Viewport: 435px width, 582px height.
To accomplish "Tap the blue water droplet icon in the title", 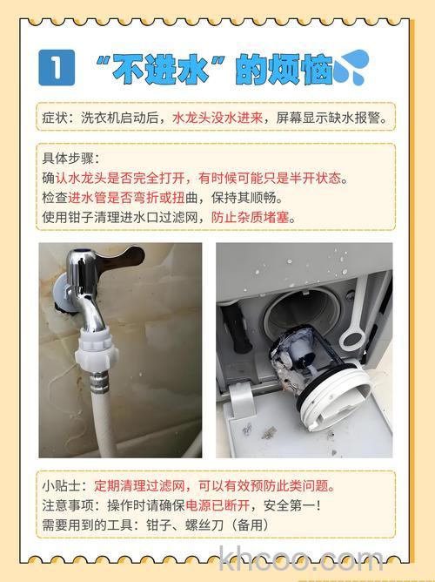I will pyautogui.click(x=353, y=66).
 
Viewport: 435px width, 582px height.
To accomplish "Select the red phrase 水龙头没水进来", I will pyautogui.click(x=217, y=116).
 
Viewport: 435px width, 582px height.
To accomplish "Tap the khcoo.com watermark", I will pyautogui.click(x=291, y=558).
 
